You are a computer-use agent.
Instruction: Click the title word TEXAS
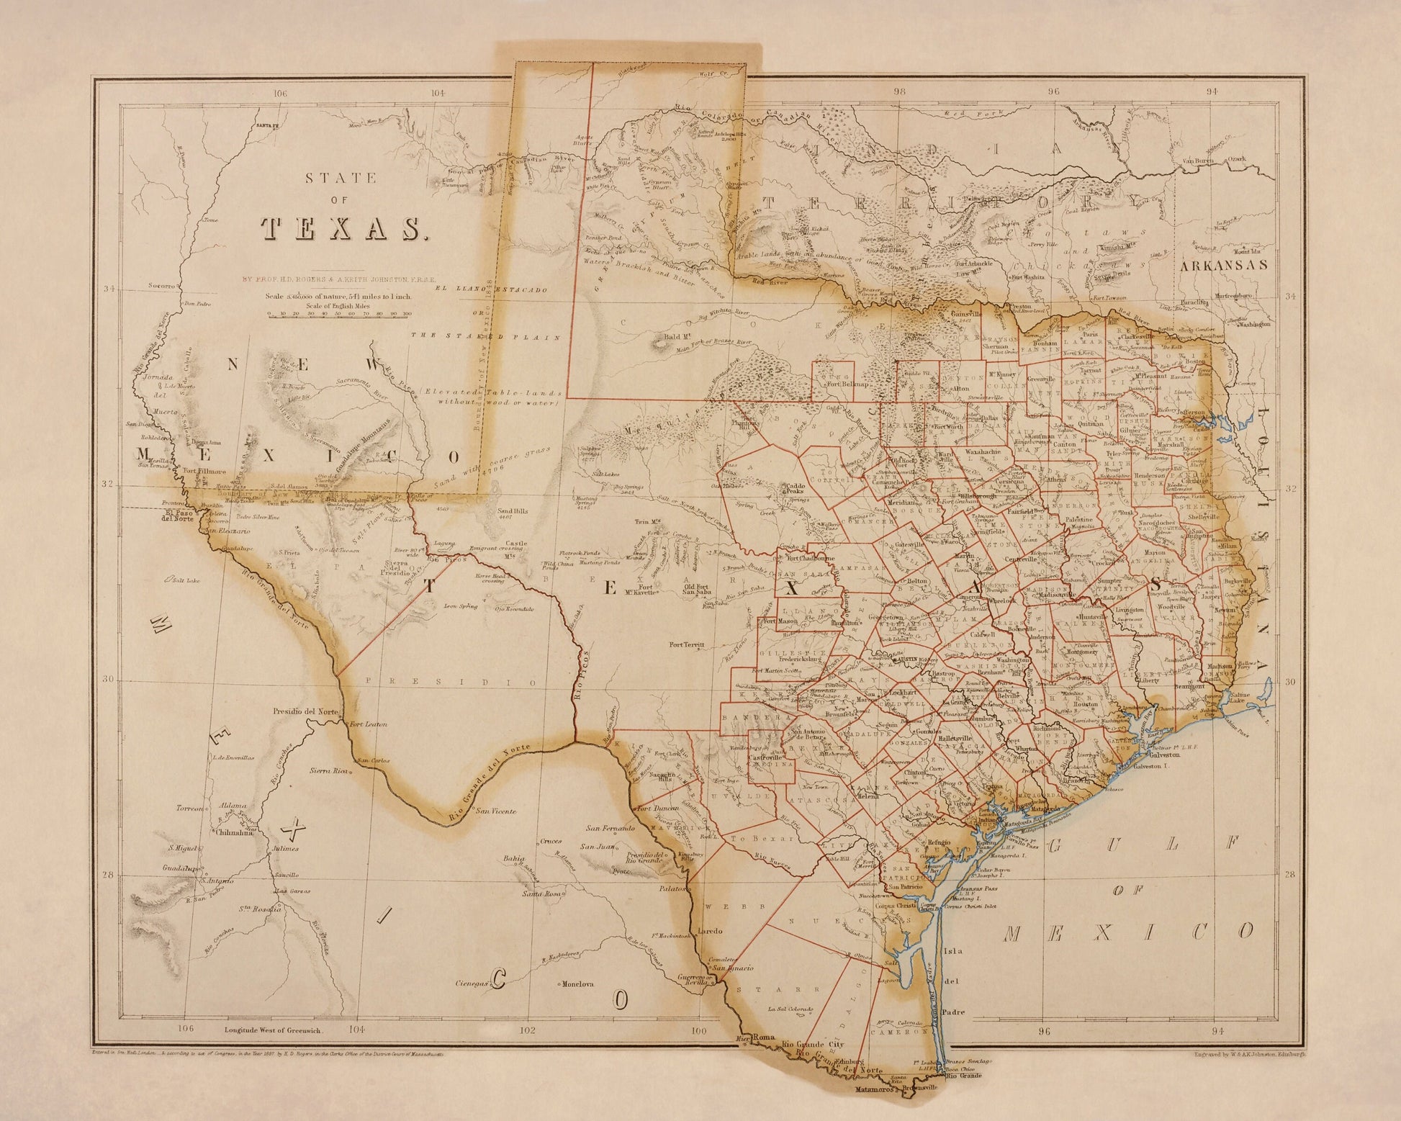tap(341, 228)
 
